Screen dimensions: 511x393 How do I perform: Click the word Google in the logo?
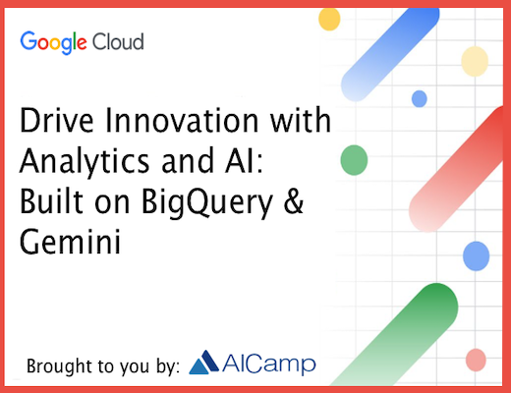click(53, 42)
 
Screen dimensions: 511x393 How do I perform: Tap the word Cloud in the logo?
click(118, 41)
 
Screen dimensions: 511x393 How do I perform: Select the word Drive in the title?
click(57, 120)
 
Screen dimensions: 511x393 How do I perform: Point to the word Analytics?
click(85, 162)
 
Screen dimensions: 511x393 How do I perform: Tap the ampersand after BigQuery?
click(294, 201)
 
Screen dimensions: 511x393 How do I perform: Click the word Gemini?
click(71, 242)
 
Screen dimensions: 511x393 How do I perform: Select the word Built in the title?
click(51, 201)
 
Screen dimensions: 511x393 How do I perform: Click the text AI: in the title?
click(244, 160)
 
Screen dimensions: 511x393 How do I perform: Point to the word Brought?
click(55, 366)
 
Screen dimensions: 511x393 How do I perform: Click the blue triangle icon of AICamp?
click(203, 363)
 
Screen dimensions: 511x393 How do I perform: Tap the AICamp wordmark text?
click(269, 365)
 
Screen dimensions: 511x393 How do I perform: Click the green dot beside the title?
click(354, 160)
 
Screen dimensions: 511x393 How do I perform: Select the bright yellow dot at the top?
click(329, 19)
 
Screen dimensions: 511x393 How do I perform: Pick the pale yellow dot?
click(475, 61)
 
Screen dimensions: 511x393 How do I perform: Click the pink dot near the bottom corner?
click(476, 360)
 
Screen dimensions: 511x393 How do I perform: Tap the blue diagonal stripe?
click(390, 54)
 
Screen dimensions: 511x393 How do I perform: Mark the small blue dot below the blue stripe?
click(420, 99)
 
